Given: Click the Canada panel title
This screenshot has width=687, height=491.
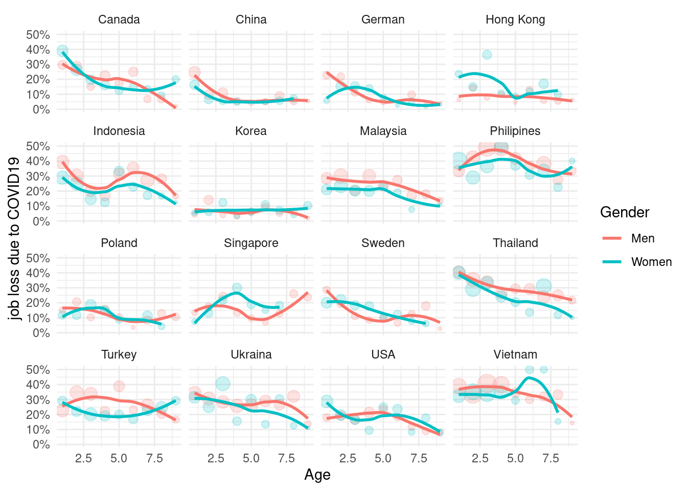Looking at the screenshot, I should (119, 19).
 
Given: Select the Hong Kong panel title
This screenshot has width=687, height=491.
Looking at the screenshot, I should (515, 19).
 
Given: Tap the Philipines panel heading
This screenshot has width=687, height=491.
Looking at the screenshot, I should (515, 131).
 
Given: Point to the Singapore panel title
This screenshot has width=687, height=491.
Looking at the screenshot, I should (251, 243).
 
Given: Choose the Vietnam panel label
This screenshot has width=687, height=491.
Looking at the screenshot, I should (515, 354).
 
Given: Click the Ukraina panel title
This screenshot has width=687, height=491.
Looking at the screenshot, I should (251, 354).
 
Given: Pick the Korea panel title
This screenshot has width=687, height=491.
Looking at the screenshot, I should (251, 131).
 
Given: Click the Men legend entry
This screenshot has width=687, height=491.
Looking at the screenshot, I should (643, 238).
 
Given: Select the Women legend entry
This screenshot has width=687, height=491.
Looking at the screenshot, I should (651, 262).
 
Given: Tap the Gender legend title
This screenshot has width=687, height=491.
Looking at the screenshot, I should (625, 212).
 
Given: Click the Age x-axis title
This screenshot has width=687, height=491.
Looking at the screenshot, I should (317, 475).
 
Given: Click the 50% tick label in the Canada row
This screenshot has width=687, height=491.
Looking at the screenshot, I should (38, 35).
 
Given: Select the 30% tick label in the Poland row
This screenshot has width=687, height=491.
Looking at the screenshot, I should (38, 288).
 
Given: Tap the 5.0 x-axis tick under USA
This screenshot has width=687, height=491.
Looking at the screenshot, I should (383, 458).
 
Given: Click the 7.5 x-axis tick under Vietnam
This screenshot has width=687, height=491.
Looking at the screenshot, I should (551, 458).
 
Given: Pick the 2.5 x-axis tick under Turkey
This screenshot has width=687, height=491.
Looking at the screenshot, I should (83, 458).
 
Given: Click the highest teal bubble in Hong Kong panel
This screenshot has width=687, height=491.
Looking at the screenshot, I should (487, 55).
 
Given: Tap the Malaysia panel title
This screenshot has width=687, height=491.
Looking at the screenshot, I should (383, 131).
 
